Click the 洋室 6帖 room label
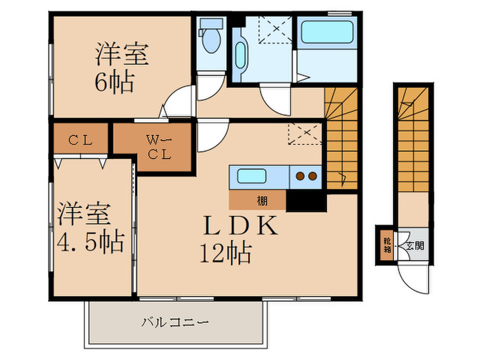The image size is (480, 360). (114, 67)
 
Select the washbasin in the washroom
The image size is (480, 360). (242, 51)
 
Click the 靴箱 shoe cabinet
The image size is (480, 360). (387, 245)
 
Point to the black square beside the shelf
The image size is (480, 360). (306, 201)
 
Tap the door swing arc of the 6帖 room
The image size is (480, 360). (178, 101)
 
